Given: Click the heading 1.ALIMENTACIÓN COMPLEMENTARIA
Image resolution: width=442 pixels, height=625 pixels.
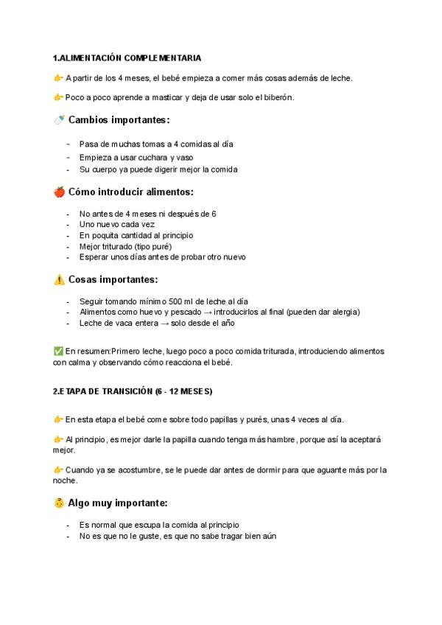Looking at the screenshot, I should click(x=127, y=57).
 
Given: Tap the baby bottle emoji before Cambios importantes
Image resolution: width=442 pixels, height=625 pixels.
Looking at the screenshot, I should click(x=59, y=119).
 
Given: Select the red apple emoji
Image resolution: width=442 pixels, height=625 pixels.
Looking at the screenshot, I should click(x=59, y=192).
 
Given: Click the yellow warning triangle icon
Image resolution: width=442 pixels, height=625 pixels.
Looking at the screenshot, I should click(x=59, y=279).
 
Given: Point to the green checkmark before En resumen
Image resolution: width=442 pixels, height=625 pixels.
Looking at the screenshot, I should click(x=58, y=352).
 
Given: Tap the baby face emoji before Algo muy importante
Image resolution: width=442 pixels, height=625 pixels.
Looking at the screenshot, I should click(x=59, y=503).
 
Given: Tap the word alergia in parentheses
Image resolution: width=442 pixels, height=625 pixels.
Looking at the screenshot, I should click(x=344, y=312).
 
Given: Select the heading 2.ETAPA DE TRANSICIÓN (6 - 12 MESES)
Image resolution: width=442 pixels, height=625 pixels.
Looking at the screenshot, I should click(x=133, y=391).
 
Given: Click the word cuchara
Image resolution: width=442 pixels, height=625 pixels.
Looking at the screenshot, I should click(x=151, y=158).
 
